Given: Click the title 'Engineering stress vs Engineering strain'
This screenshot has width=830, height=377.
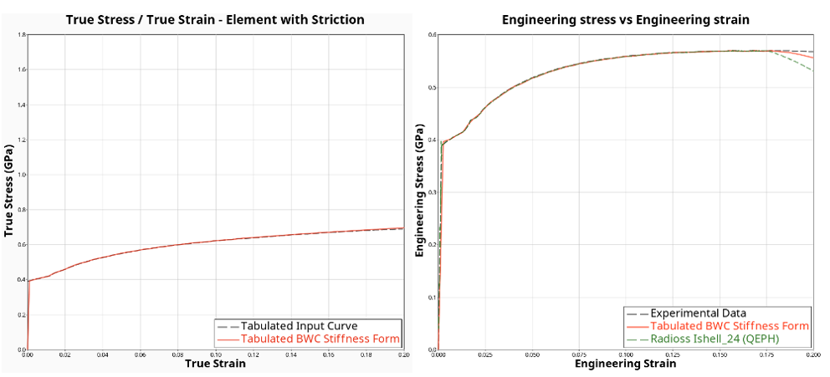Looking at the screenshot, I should (625, 19).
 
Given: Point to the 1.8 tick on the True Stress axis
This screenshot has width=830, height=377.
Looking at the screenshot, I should (22, 35).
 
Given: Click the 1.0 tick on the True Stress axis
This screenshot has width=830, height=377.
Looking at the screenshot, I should (22, 175).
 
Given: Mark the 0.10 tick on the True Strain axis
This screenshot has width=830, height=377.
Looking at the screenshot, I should (216, 354).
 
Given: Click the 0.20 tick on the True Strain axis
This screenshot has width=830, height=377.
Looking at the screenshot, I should (403, 354).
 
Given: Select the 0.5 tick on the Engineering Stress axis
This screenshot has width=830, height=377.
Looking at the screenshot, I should (432, 87).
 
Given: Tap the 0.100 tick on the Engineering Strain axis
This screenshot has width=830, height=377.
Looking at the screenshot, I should (627, 354).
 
